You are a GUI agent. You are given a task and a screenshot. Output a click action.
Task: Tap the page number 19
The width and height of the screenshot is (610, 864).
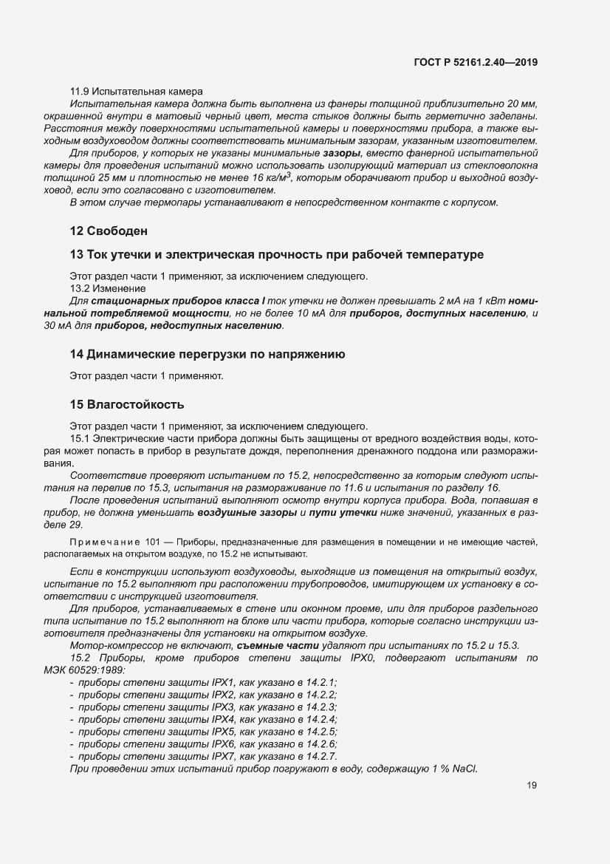tap(532, 786)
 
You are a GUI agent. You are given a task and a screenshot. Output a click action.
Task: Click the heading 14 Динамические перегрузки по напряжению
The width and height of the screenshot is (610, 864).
tap(208, 354)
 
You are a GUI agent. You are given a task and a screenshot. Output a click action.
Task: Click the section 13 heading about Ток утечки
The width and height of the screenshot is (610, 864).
tap(276, 254)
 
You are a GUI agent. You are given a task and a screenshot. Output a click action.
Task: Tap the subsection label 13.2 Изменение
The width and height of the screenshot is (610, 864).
tap(107, 288)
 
